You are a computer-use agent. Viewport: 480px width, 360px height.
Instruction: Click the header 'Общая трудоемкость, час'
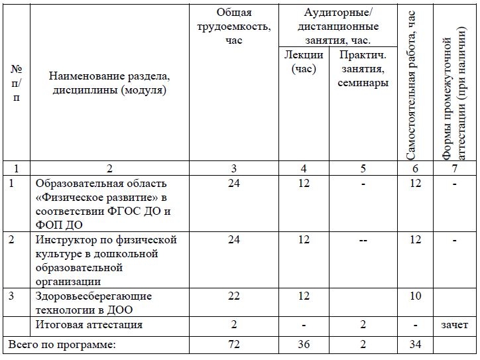pyautogui.click(x=234, y=27)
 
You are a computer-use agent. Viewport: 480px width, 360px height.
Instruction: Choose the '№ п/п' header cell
pyautogui.click(x=16, y=83)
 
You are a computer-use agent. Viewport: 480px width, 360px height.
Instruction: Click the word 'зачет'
pyautogui.click(x=454, y=325)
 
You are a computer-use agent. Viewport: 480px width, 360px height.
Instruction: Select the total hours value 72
pyautogui.click(x=233, y=345)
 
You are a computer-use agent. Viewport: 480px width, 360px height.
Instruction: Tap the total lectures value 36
pyautogui.click(x=304, y=345)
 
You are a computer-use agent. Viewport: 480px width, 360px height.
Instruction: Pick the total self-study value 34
pyautogui.click(x=415, y=345)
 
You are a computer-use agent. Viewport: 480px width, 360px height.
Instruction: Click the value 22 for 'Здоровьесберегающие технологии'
pyautogui.click(x=233, y=296)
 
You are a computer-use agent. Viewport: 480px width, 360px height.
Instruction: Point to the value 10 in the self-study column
pyautogui.click(x=415, y=296)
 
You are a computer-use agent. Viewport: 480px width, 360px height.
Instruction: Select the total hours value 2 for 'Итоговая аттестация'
pyautogui.click(x=233, y=325)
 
